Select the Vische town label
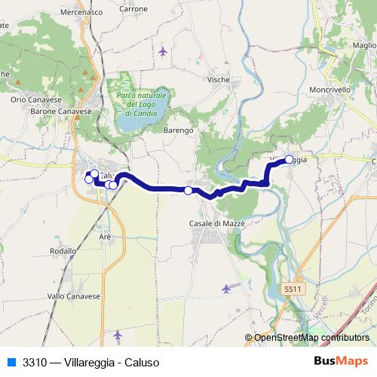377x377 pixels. click(218, 78)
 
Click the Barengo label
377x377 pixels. click(179, 130)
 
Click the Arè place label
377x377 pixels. click(105, 236)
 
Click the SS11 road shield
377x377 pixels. click(293, 289)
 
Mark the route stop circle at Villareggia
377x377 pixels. click(289, 159)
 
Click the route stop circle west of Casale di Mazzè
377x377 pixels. click(188, 191)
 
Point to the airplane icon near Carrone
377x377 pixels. click(164, 51)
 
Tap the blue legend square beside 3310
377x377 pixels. click(11, 361)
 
